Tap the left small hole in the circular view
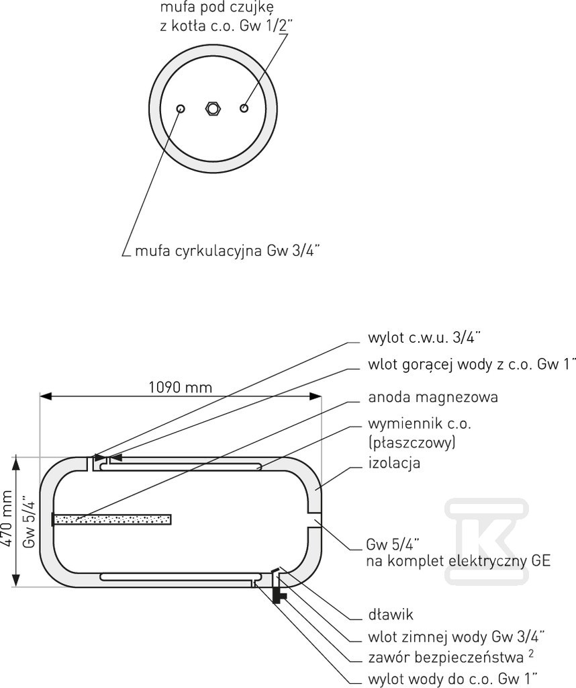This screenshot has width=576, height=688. coord(180,108)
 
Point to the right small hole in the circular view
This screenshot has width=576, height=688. coord(244,107)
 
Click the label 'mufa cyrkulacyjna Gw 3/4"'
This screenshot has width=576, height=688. coord(228,251)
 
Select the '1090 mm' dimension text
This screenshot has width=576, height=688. coord(179,387)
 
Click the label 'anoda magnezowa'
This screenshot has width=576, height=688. coord(433,397)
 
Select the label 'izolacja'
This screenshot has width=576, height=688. coord(394,463)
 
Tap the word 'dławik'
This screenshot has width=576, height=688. coord(390,615)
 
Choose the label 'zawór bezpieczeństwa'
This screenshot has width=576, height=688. coord(446,656)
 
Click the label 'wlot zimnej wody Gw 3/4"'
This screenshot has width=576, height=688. coord(456,636)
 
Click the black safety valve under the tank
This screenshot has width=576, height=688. coord(276,593)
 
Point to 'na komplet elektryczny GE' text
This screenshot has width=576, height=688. coord(459,560)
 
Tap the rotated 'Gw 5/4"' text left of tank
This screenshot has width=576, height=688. coord(28,522)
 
